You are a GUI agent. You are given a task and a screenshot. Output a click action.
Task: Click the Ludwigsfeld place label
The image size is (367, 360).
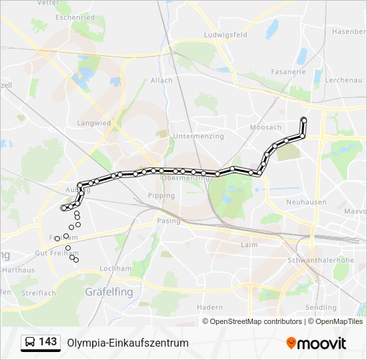click(x=227, y=35)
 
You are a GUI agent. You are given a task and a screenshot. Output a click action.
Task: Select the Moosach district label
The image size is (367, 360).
click(x=265, y=127)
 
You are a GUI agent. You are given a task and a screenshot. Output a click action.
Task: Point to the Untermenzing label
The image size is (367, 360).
click(x=192, y=136)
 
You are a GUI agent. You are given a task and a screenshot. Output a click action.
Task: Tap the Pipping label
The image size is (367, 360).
click(x=161, y=196)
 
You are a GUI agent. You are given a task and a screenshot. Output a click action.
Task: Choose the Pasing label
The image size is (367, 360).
click(x=169, y=220)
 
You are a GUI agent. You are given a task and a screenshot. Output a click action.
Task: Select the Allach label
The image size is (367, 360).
click(x=161, y=81)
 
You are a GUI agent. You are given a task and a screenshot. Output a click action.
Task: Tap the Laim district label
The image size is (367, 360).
click(x=248, y=245)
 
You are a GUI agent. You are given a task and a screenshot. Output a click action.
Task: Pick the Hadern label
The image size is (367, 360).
click(x=210, y=307)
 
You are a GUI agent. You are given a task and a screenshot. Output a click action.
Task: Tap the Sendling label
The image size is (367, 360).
click(x=321, y=307)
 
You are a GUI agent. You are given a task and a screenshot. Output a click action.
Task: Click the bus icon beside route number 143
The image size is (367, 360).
click(x=29, y=343)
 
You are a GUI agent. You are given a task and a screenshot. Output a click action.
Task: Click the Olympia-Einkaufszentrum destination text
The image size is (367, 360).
click(x=127, y=343)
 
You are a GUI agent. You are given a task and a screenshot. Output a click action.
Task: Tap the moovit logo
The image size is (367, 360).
click(x=316, y=343)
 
